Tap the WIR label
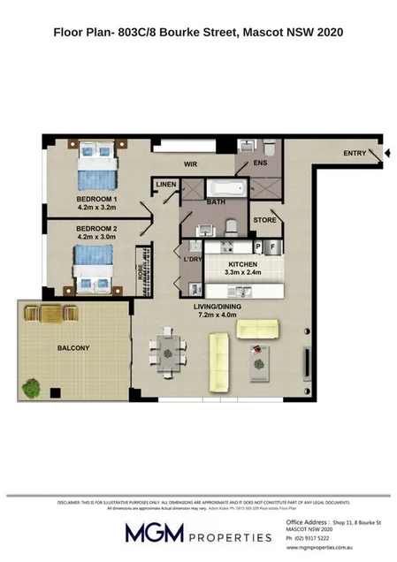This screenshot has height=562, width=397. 189,164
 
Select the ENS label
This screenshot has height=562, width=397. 259,164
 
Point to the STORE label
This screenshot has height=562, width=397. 264,220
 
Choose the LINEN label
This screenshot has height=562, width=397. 166,185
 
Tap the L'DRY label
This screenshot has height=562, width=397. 192,260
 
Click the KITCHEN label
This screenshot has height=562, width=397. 243,265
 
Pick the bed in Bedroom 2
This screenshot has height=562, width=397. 94,268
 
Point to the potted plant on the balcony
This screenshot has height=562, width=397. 33,385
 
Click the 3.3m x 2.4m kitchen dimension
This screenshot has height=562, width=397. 242,275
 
